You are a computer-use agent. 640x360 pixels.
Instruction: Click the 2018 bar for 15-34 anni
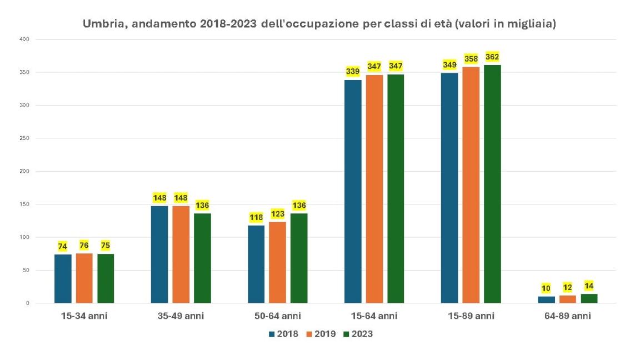click(63, 278)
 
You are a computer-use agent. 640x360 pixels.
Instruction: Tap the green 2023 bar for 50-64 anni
click(299, 258)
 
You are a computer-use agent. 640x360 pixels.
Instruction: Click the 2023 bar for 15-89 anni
click(492, 184)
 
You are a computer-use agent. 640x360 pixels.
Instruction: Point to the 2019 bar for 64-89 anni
click(568, 299)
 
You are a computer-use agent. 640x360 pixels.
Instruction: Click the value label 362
click(492, 57)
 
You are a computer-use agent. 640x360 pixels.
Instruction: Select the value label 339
click(353, 71)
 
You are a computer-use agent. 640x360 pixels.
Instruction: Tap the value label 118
click(256, 217)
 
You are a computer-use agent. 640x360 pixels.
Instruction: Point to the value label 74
click(63, 246)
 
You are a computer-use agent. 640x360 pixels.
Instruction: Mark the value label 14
click(589, 286)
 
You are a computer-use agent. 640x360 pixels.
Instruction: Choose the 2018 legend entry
click(283, 334)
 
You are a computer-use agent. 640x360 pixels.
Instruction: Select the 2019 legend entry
click(321, 334)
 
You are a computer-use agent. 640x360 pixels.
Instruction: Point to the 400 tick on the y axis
click(23, 39)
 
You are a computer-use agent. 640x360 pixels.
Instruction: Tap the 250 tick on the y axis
click(23, 138)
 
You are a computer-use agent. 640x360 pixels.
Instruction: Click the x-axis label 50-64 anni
click(277, 316)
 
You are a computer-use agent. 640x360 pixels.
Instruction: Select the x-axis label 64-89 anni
click(567, 316)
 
